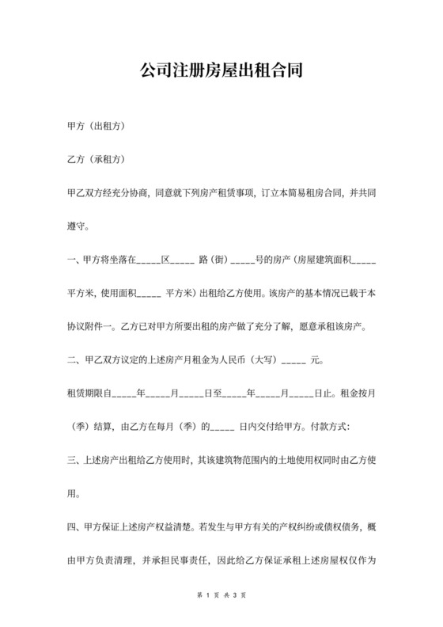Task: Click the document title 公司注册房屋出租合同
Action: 221,70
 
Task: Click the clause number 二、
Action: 76,361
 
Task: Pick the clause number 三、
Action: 76,460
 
